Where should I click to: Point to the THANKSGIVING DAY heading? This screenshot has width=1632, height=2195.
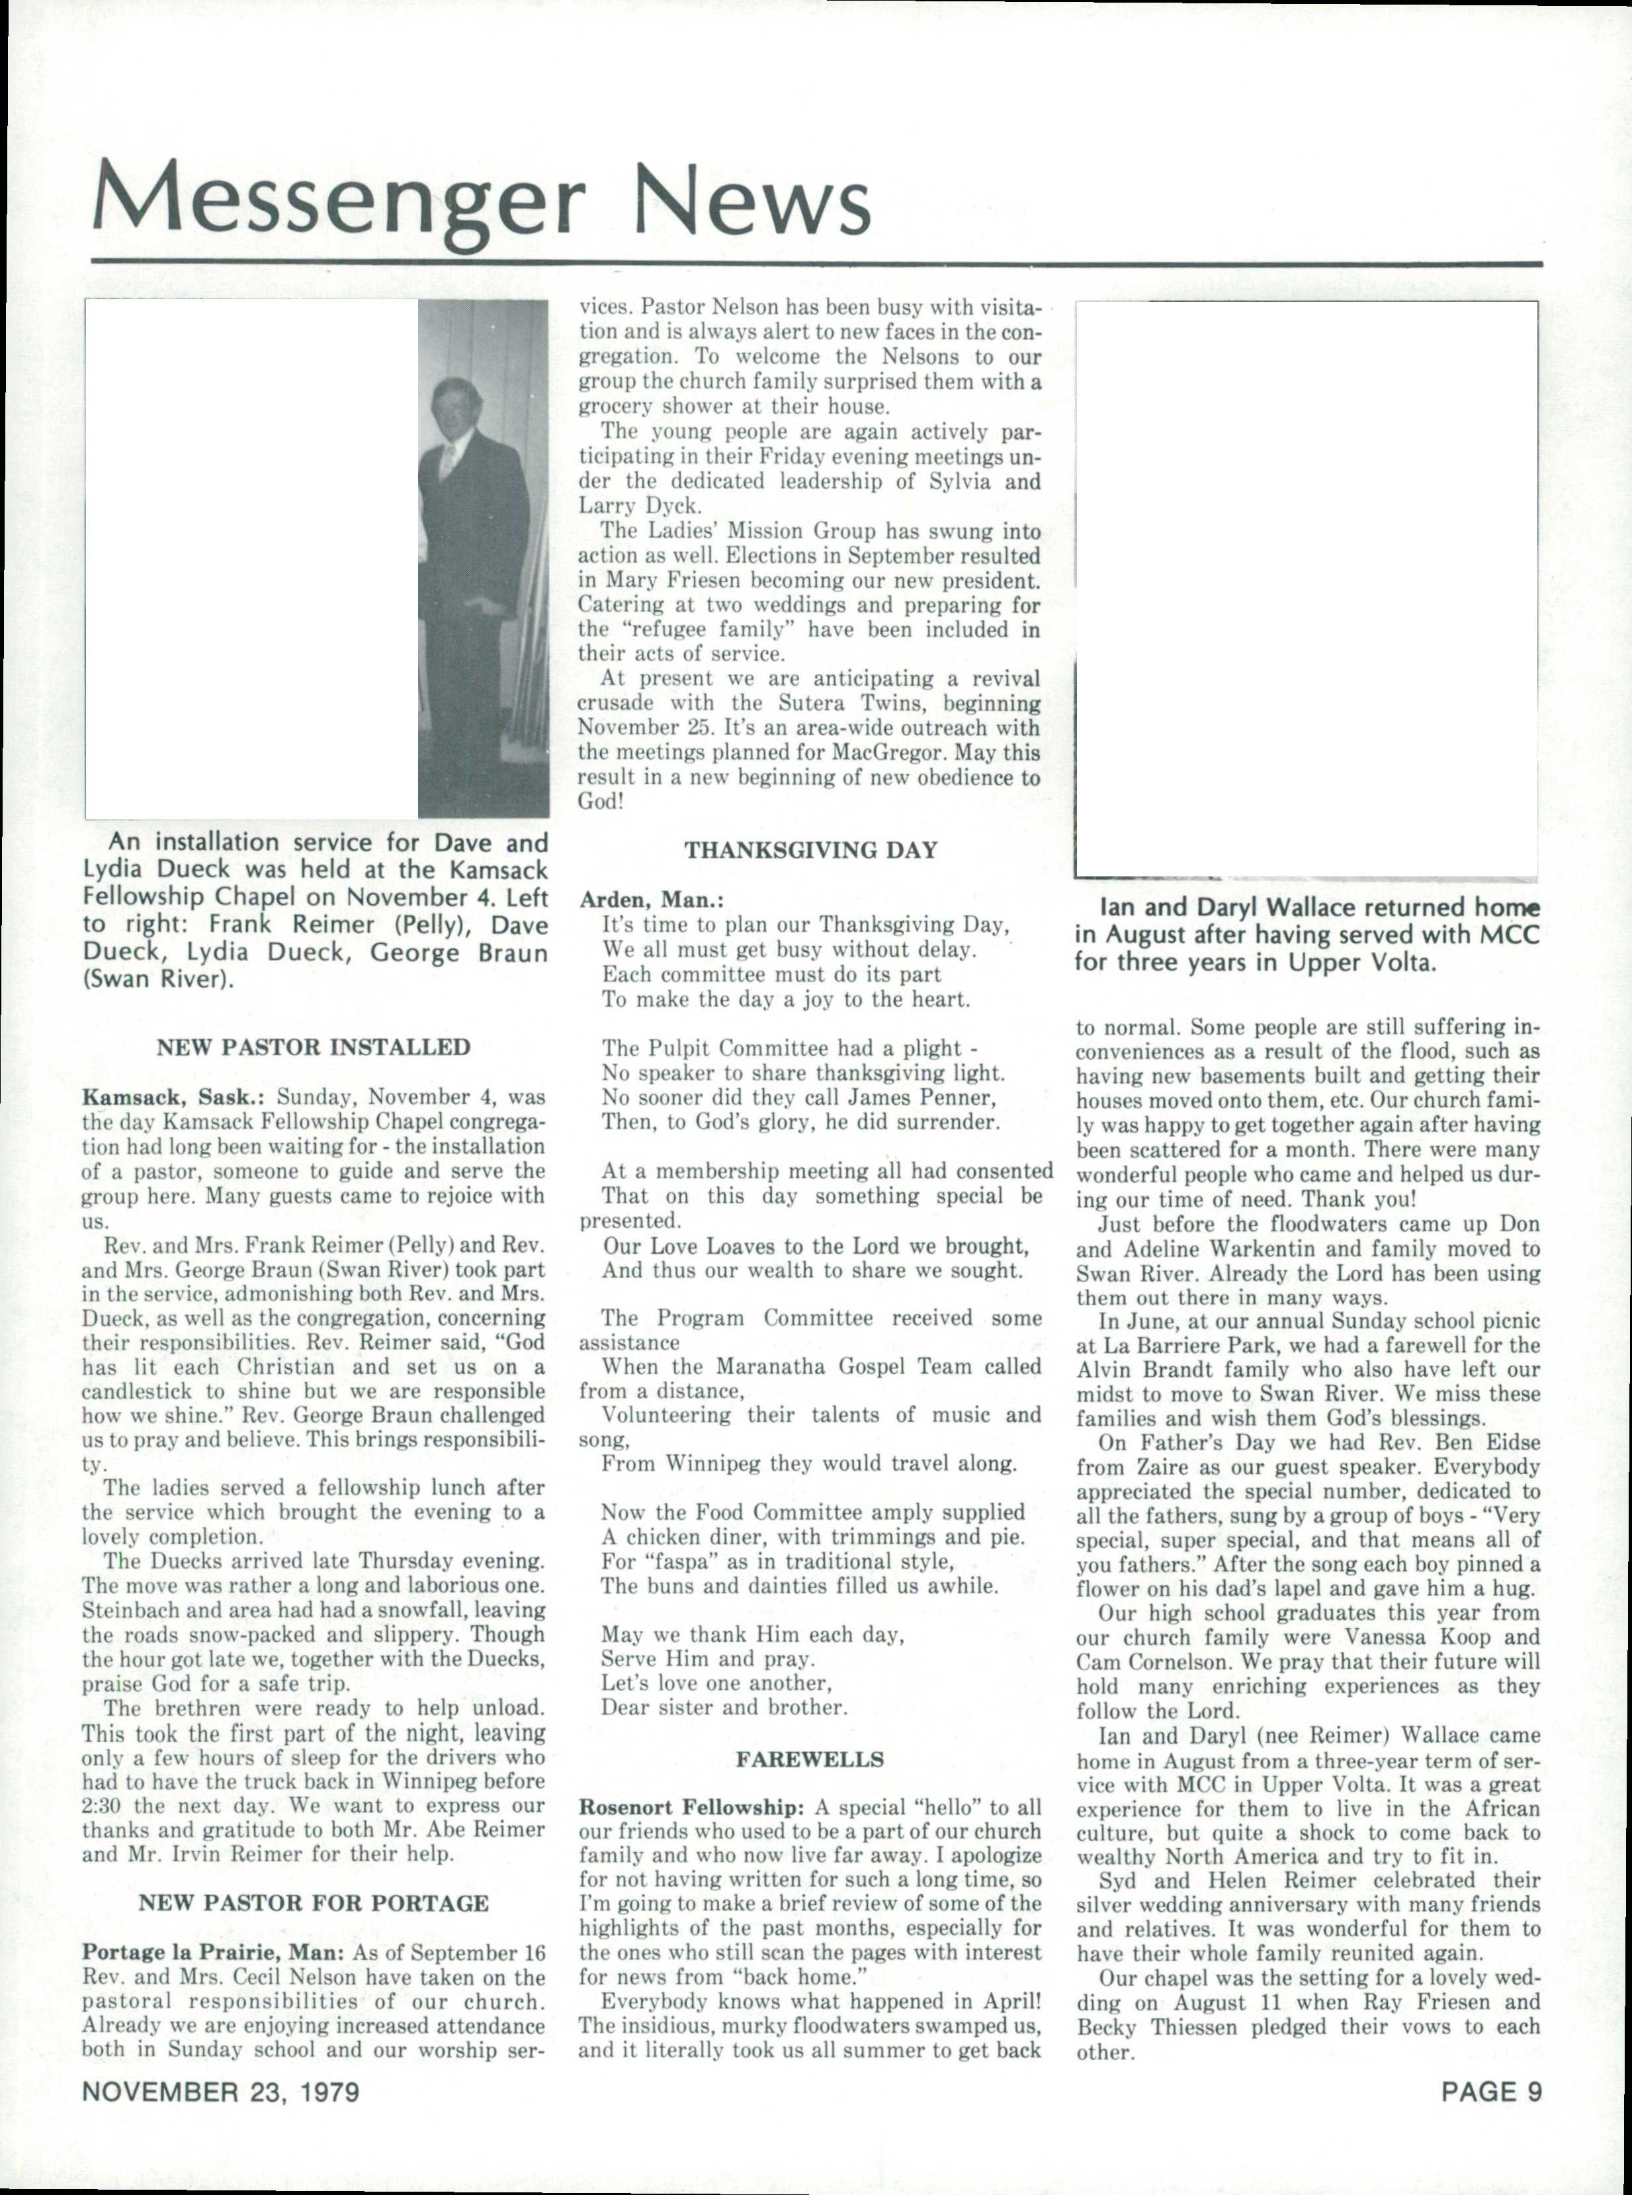[x=810, y=850]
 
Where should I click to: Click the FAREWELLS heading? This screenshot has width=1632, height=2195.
[x=810, y=1759]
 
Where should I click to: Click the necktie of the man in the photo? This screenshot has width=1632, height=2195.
[x=447, y=459]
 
